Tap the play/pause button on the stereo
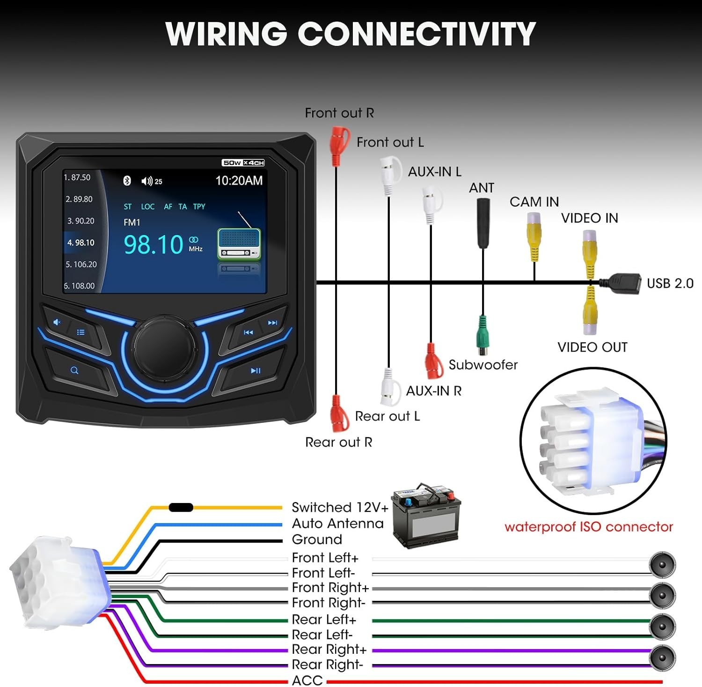pyautogui.click(x=255, y=371)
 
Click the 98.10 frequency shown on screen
pyautogui.click(x=154, y=244)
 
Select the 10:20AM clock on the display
pyautogui.click(x=239, y=180)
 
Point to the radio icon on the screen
pyautogui.click(x=239, y=244)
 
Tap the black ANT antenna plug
pyautogui.click(x=483, y=222)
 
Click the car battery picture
pyautogui.click(x=426, y=515)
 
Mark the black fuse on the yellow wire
pyautogui.click(x=181, y=507)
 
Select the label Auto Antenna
pyautogui.click(x=337, y=523)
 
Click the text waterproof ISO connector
pyautogui.click(x=588, y=527)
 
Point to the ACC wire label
pyautogui.click(x=307, y=680)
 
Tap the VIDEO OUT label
pyautogui.click(x=592, y=347)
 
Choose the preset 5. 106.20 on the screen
pyautogui.click(x=81, y=264)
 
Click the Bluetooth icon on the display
pyautogui.click(x=127, y=181)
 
